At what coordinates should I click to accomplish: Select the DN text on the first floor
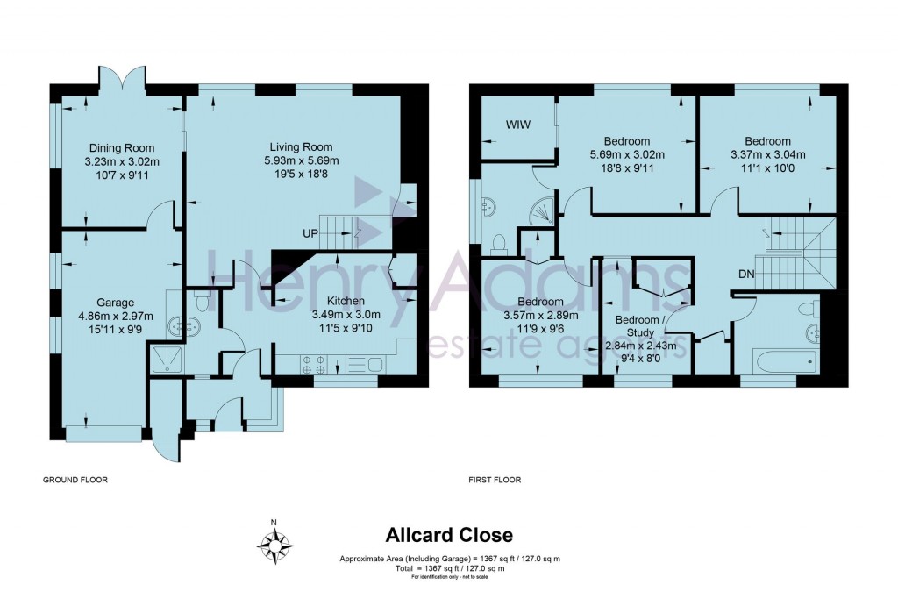pyautogui.click(x=746, y=275)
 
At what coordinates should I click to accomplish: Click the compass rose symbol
pyautogui.click(x=274, y=546)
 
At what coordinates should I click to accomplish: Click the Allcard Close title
pyautogui.click(x=450, y=534)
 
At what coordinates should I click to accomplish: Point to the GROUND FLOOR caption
pyautogui.click(x=75, y=480)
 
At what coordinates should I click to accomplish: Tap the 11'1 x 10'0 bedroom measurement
pyautogui.click(x=767, y=169)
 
